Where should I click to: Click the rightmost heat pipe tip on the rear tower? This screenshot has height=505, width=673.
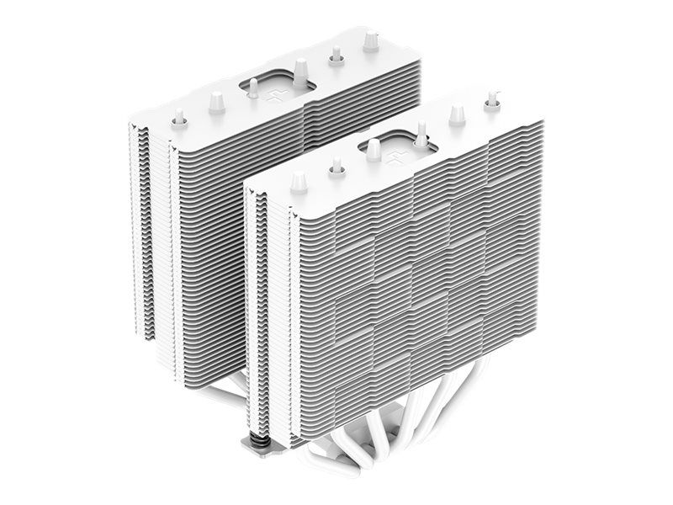point(370,37)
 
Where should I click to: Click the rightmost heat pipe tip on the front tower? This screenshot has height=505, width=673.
point(489,98)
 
